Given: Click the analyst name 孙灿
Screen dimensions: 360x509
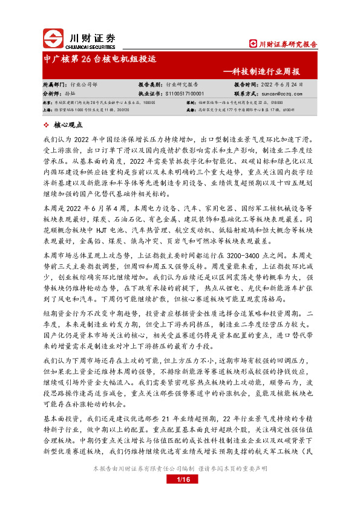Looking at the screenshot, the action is pos(71,94).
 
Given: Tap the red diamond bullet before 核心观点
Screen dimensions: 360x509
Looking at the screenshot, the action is pos(48,125).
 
